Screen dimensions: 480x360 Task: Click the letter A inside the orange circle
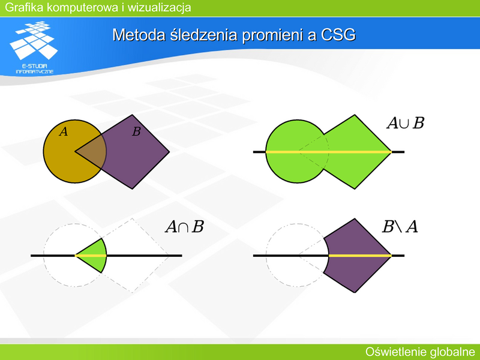(64, 131)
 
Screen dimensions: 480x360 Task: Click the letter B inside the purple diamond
(136, 131)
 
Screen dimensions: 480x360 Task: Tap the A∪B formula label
(406, 123)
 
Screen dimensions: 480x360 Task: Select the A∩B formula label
(185, 227)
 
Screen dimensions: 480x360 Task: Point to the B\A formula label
(400, 227)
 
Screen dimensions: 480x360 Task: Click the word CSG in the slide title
(338, 35)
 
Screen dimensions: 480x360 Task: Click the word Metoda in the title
(140, 35)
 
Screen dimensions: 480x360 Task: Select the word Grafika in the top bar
(24, 7)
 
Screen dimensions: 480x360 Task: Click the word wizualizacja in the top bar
(159, 7)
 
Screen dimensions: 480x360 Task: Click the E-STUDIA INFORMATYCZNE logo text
(35, 69)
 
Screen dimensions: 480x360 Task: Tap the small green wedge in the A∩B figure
(95, 256)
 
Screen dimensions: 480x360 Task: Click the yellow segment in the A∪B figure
(328, 152)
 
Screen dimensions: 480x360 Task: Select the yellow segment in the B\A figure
(360, 256)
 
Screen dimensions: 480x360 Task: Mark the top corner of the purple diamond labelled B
(132, 115)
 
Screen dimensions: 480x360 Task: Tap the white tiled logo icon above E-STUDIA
(34, 40)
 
